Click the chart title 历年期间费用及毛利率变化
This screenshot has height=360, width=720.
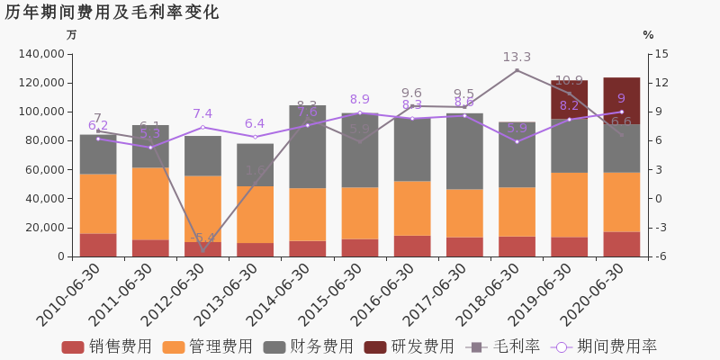[112, 13]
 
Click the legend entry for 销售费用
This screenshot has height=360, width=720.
[107, 346]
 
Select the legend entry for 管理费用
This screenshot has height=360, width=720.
[208, 346]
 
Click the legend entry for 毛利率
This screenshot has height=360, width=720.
[503, 346]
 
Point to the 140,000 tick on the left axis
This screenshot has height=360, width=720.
[40, 54]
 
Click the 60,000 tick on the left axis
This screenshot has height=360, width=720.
[44, 170]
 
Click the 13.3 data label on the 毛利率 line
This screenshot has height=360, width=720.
[517, 58]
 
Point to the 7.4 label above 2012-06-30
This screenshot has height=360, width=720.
[202, 114]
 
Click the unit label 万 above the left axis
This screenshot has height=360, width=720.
[72, 35]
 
